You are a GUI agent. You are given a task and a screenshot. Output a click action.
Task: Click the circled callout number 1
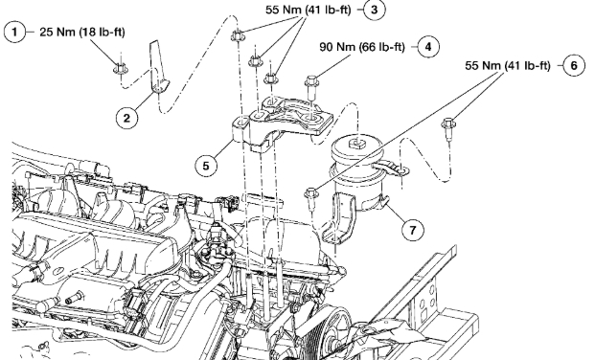pos(14,32)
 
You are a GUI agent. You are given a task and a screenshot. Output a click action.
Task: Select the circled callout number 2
pos(126,118)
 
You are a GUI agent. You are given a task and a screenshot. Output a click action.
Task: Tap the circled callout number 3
pos(375,10)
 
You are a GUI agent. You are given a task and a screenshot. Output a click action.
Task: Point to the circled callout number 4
pos(428,47)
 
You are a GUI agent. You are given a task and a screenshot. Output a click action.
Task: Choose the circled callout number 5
pos(206,166)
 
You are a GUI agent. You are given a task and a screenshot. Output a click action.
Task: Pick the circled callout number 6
pos(573,66)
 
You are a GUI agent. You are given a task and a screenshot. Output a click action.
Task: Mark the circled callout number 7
pos(412,230)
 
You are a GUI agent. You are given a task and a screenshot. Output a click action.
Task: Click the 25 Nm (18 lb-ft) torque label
pos(82,32)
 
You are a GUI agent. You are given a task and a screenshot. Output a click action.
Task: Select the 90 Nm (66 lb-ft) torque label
pos(362,47)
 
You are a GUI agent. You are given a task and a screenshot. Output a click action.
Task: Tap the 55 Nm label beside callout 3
pos(309,10)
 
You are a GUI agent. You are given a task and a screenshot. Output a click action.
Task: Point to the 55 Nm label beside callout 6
pos(508,66)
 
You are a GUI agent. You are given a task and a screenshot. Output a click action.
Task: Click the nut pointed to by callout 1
pos(121,68)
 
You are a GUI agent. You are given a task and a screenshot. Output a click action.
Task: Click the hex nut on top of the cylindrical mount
pos(355,144)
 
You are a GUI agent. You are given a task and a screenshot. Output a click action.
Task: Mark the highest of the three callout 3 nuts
pos(237,36)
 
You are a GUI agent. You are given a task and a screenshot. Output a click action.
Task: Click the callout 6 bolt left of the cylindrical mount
pos(310,198)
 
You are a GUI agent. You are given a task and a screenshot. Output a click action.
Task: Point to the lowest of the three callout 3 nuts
pos(270,79)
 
